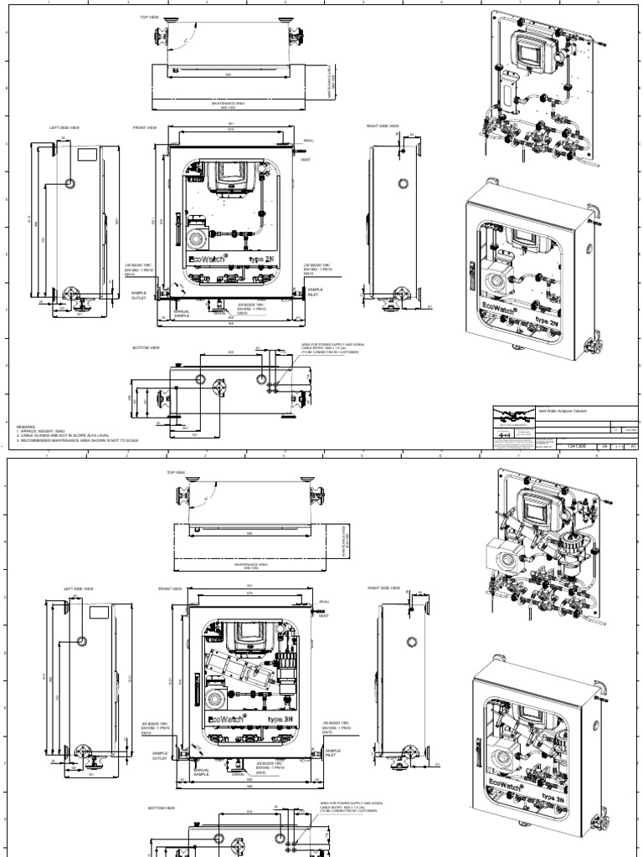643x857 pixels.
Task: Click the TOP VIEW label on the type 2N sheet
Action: (x=150, y=16)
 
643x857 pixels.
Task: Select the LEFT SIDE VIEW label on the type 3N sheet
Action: (x=75, y=588)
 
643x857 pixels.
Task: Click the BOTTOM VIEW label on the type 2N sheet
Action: (x=145, y=347)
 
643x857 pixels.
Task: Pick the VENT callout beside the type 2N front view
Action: (x=305, y=158)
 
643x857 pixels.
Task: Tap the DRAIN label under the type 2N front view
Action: (x=219, y=314)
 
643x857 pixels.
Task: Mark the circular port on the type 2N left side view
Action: (x=69, y=182)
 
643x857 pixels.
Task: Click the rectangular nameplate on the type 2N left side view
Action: (x=85, y=155)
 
